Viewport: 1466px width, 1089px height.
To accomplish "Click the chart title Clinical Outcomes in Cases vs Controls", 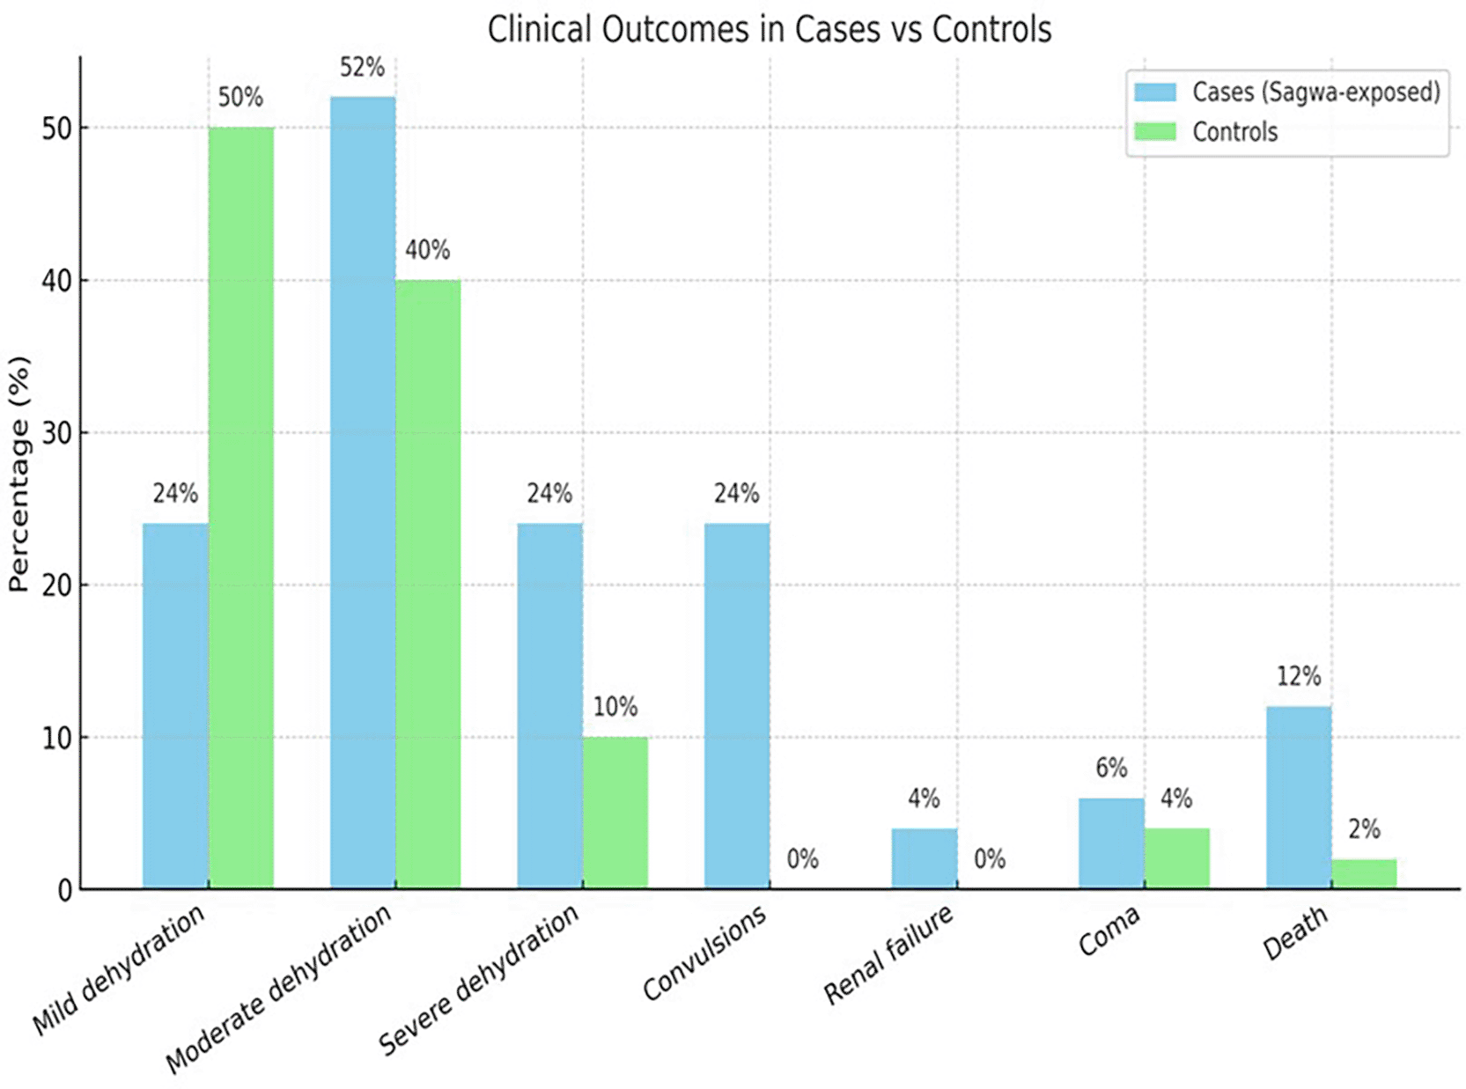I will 769,30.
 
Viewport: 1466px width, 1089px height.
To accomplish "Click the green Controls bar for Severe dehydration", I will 615,812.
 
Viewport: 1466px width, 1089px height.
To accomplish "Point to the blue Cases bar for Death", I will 1298,796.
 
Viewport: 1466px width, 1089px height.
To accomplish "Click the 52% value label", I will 362,68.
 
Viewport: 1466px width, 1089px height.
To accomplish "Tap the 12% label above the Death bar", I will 1299,676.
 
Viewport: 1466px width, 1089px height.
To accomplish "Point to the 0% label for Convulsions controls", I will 802,858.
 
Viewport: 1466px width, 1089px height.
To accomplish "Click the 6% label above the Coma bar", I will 1111,768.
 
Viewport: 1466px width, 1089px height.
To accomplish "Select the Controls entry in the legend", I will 1234,132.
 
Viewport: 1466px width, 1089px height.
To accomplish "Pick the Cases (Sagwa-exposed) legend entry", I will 1315,92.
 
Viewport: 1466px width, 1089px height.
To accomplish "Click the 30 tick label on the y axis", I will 56,433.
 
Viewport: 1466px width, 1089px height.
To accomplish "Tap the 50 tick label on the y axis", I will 56,129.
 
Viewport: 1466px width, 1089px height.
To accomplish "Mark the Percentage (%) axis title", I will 18,474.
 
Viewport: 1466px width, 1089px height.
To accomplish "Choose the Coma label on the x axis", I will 1109,931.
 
